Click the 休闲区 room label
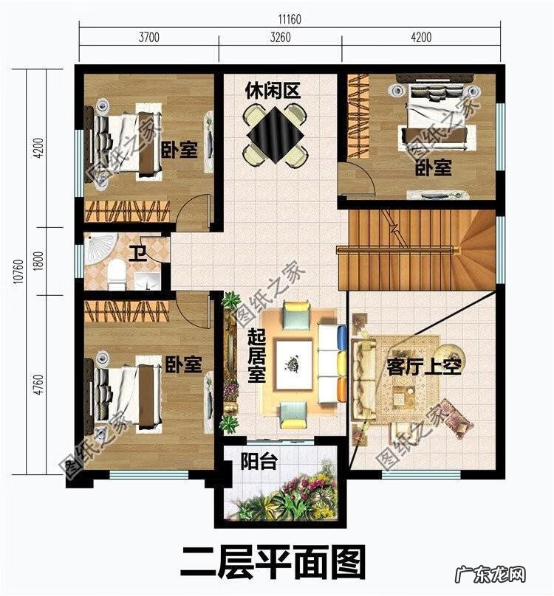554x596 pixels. tap(273, 91)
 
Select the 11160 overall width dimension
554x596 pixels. tap(290, 19)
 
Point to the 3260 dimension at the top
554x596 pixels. tap(280, 37)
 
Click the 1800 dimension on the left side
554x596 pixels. tap(39, 261)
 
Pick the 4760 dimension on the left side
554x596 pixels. tap(39, 384)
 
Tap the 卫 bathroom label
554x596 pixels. tap(137, 254)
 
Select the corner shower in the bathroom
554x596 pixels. tap(100, 248)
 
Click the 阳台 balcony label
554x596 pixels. tap(259, 462)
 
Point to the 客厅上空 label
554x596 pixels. tap(424, 367)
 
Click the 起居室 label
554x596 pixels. tap(256, 356)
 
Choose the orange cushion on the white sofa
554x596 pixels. tap(342, 388)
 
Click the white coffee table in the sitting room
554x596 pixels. tap(293, 365)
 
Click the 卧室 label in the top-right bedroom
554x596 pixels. tap(433, 167)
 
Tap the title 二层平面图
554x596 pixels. tap(273, 562)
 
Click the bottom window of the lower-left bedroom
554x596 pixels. tap(149, 474)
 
